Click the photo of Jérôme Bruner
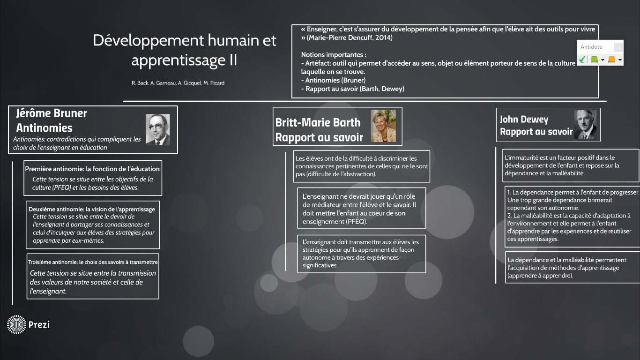(158, 129)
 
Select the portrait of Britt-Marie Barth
(383, 126)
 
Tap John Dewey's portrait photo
(586, 124)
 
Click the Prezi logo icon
(16, 324)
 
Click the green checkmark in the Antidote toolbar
(582, 60)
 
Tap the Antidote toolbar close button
(618, 47)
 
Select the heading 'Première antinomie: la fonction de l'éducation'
(92, 169)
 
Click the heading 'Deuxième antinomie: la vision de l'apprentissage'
(92, 209)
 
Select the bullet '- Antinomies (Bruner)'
(333, 80)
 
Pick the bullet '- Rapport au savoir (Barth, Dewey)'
(353, 89)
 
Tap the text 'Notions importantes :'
(334, 55)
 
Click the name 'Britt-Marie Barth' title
(318, 122)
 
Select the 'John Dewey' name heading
(524, 119)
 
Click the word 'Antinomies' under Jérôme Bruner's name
(45, 128)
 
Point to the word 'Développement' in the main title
(148, 40)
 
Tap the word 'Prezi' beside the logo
(39, 324)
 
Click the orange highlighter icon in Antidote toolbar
(611, 60)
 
